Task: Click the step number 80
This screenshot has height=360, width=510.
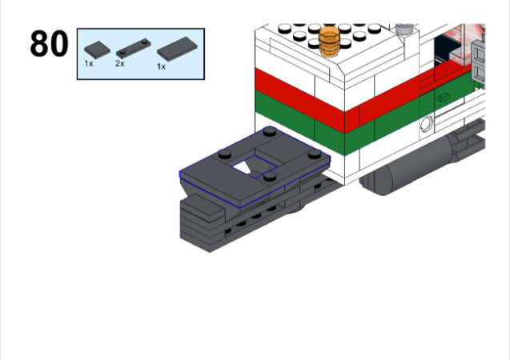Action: pos(49,43)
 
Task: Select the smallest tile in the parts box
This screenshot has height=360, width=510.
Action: pos(97,50)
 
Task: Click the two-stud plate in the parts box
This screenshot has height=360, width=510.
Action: pos(134,49)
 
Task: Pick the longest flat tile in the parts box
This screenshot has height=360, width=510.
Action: pos(177,49)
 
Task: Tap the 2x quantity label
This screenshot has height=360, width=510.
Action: pos(120,63)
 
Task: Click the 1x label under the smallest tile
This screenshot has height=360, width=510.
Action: pos(88,63)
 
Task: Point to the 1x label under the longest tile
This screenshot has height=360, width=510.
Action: pos(162,66)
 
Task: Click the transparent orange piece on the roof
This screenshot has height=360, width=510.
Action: pos(329,42)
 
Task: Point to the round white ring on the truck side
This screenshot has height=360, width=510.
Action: pos(427,124)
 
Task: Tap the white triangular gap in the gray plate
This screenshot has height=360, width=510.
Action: pos(242,167)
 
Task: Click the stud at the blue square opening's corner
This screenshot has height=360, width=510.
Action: pos(270,177)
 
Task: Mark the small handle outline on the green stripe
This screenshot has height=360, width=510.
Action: pos(443,97)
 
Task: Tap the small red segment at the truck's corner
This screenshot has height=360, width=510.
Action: pos(352,119)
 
